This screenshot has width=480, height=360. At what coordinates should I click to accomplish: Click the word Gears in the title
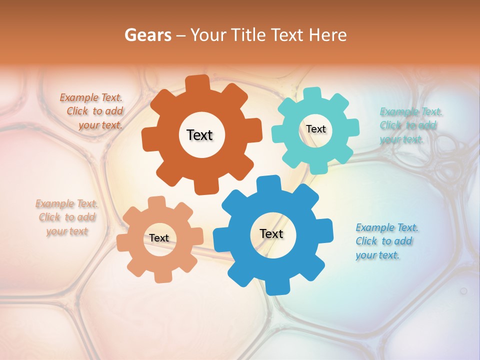(147, 35)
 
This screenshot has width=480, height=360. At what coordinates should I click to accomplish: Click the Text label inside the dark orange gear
(199, 135)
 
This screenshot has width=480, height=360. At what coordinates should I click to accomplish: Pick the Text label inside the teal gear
(315, 129)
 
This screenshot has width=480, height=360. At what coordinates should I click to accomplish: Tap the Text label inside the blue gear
(271, 233)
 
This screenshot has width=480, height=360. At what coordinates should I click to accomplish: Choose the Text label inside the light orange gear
(159, 238)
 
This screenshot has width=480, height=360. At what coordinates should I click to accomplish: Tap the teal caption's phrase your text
(401, 139)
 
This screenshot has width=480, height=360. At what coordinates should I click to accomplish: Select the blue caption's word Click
(366, 241)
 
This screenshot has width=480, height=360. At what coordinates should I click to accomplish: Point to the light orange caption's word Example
(54, 203)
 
